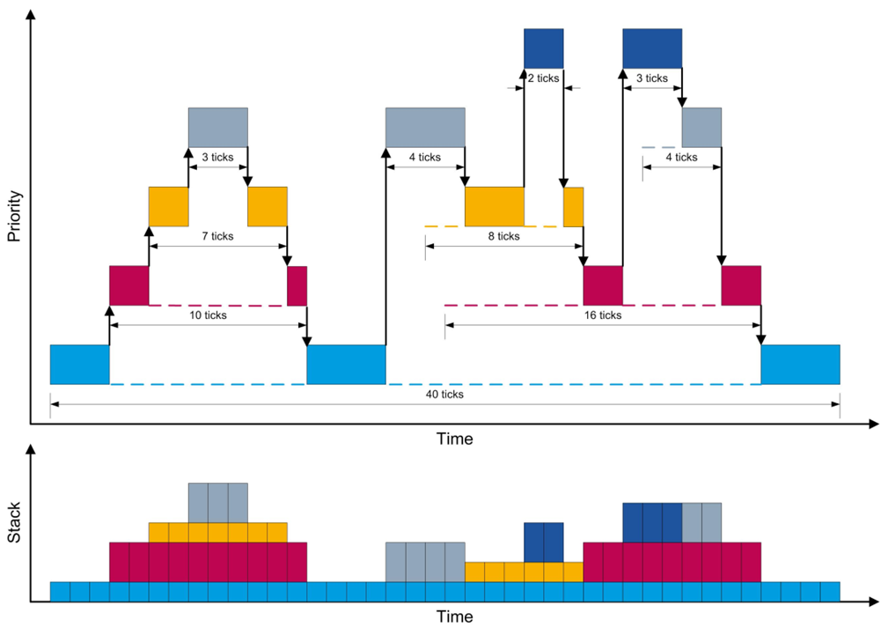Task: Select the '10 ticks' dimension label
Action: pyautogui.click(x=208, y=315)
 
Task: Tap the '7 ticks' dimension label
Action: pyautogui.click(x=217, y=236)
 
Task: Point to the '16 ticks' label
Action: pyautogui.click(x=602, y=315)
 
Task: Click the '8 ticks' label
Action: pyautogui.click(x=503, y=236)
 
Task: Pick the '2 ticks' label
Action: pyautogui.click(x=543, y=78)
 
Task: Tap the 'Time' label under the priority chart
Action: pyautogui.click(x=454, y=439)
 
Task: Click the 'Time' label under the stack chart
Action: pyautogui.click(x=454, y=617)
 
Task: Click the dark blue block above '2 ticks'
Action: pyautogui.click(x=543, y=48)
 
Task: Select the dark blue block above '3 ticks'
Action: pyautogui.click(x=651, y=48)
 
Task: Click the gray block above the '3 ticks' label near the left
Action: pyautogui.click(x=217, y=127)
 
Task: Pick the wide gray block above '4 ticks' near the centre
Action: pyautogui.click(x=425, y=127)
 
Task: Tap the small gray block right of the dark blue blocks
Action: pyautogui.click(x=701, y=127)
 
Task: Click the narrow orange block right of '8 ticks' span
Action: pyautogui.click(x=573, y=206)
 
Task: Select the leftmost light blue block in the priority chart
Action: pyautogui.click(x=79, y=365)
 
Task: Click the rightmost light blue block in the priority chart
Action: pyautogui.click(x=800, y=365)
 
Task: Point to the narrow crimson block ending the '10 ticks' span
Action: pyautogui.click(x=297, y=285)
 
